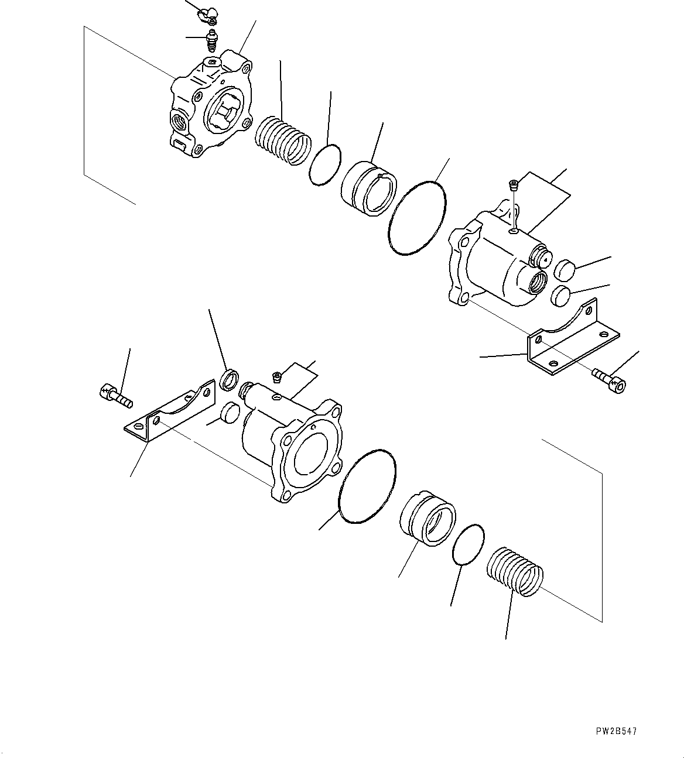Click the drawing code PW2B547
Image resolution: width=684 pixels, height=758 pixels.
[x=617, y=731]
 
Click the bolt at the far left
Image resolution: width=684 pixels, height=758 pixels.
[x=115, y=394]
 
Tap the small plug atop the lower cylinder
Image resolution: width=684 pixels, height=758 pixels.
[x=277, y=375]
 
